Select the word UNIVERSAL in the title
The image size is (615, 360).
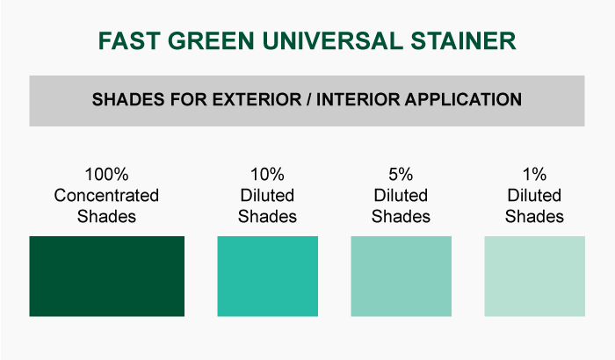click(333, 40)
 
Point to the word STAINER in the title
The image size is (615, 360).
click(463, 40)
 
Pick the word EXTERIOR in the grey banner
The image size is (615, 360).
click(257, 99)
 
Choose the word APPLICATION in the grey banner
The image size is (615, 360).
click(464, 99)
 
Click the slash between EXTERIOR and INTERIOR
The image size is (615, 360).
click(309, 99)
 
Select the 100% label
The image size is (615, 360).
click(106, 175)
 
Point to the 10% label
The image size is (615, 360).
click(267, 175)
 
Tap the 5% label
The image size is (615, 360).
click(401, 175)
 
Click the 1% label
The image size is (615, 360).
click(534, 175)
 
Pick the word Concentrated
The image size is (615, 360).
click(106, 195)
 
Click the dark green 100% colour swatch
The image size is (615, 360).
click(106, 276)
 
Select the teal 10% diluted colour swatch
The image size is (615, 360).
click(267, 276)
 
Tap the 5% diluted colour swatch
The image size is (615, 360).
click(401, 276)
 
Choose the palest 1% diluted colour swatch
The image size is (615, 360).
click(534, 276)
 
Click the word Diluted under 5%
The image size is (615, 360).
click(401, 195)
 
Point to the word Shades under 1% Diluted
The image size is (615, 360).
click(534, 217)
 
